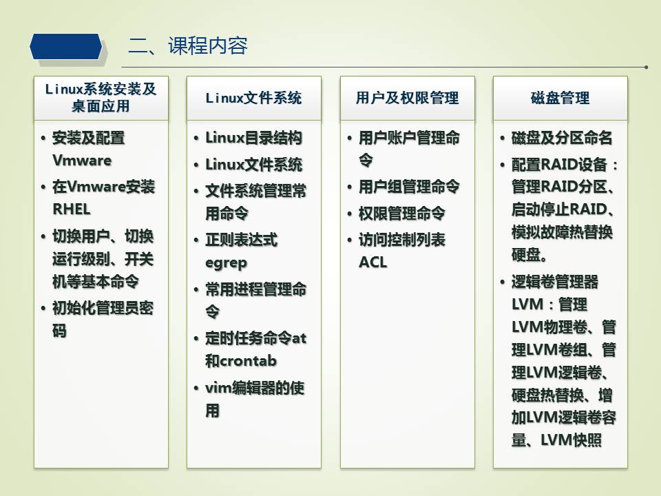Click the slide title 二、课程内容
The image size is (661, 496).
coord(187,45)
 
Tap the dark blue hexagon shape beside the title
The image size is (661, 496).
coord(66,46)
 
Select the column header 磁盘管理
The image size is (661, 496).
coord(560,98)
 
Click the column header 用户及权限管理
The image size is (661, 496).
coord(407,98)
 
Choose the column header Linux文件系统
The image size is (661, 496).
coord(254,98)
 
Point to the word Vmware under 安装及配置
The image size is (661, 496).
coord(82,161)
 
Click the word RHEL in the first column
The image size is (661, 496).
coord(71,209)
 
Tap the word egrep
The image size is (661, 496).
coord(226,263)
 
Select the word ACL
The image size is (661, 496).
coord(373,262)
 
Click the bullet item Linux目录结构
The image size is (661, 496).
coord(254,138)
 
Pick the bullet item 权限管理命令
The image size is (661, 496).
coord(401,214)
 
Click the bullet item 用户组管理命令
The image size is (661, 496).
coord(409,187)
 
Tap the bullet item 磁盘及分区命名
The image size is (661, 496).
coord(562,138)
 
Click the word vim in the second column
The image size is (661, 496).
coord(218,388)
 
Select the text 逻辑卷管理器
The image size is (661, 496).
coord(555,282)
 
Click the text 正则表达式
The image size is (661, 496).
coord(241,240)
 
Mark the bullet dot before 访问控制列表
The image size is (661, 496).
coord(350,240)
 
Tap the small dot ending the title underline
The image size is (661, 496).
coord(646,67)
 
